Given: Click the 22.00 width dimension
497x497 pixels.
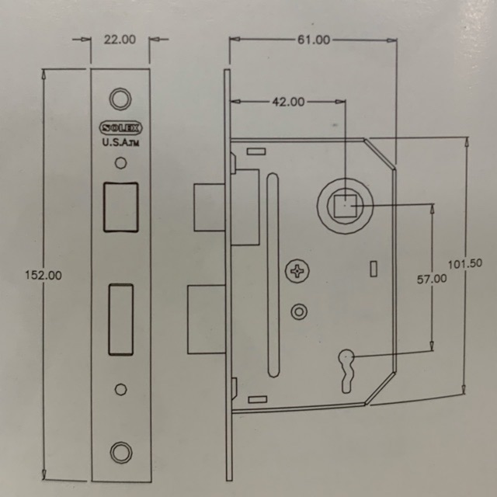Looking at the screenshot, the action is pyautogui.click(x=120, y=40).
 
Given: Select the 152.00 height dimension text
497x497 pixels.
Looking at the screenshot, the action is pyautogui.click(x=43, y=275).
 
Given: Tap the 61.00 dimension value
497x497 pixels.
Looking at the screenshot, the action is pyautogui.click(x=314, y=40).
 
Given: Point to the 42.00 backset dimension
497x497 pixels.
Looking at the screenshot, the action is pyautogui.click(x=288, y=102).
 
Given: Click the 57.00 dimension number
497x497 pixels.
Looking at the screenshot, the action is pyautogui.click(x=432, y=280).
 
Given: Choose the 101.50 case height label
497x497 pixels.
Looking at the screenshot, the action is pyautogui.click(x=465, y=264).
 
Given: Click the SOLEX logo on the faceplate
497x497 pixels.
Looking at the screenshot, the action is pyautogui.click(x=121, y=128).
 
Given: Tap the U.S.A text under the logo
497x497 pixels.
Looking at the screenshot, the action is pyautogui.click(x=120, y=143).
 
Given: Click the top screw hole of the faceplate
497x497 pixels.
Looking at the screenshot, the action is pyautogui.click(x=120, y=99).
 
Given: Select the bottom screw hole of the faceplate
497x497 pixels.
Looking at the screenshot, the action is pyautogui.click(x=121, y=452).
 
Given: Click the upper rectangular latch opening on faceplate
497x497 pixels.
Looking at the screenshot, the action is pyautogui.click(x=121, y=207).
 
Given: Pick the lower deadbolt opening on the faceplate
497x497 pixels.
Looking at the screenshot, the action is pyautogui.click(x=121, y=319).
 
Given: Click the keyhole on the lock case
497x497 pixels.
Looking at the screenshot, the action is pyautogui.click(x=347, y=371).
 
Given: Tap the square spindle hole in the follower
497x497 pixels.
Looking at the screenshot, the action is pyautogui.click(x=345, y=205).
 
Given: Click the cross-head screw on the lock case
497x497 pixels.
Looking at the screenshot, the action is pyautogui.click(x=297, y=271).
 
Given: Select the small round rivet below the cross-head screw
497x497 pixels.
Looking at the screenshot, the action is pyautogui.click(x=299, y=312).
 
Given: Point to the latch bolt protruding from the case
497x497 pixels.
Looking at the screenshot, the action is pyautogui.click(x=210, y=207).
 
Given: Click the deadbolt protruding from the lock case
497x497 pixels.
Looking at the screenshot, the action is pyautogui.click(x=207, y=319).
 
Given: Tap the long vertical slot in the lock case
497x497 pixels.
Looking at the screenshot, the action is pyautogui.click(x=273, y=275).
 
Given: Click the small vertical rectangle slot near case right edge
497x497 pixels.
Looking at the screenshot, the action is pyautogui.click(x=374, y=269).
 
